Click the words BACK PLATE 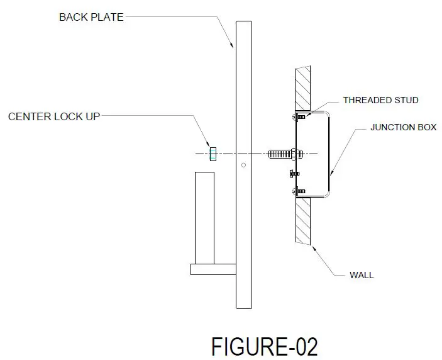[x=91, y=17]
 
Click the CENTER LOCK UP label [x=53, y=116]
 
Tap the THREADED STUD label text [x=380, y=100]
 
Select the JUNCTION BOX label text [x=403, y=127]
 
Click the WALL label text [x=362, y=275]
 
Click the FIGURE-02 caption [x=264, y=347]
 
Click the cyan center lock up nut [x=213, y=154]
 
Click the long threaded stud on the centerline [x=280, y=154]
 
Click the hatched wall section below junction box [x=304, y=220]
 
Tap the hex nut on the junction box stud [x=296, y=154]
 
